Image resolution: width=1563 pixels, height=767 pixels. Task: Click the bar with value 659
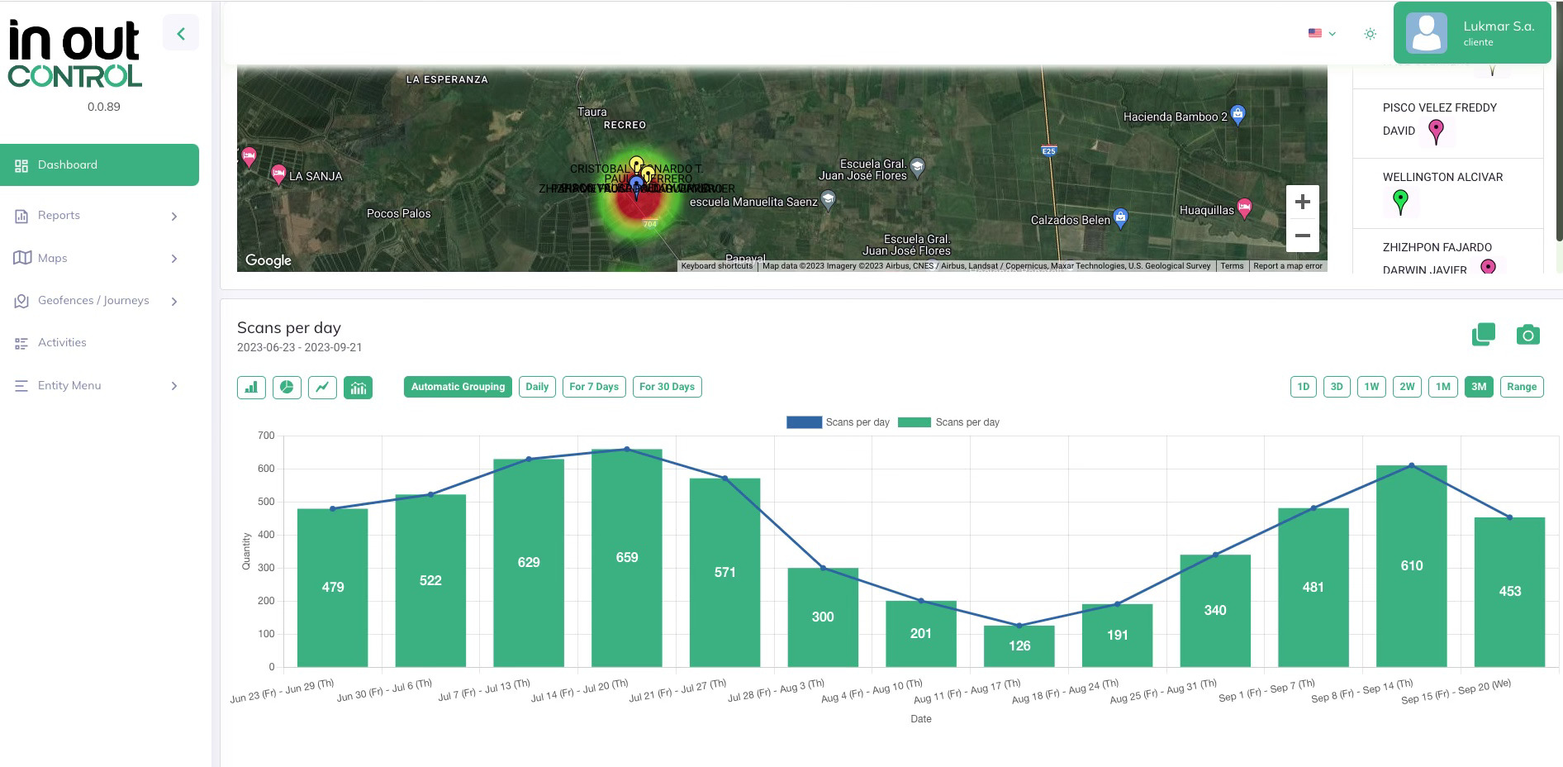(626, 558)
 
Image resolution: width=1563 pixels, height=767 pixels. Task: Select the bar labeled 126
(1019, 646)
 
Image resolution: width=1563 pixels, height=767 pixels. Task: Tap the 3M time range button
(1478, 387)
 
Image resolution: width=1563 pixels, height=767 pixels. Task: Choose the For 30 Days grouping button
(667, 387)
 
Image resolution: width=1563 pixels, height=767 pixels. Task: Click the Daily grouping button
(537, 387)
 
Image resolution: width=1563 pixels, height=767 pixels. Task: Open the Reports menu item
(59, 216)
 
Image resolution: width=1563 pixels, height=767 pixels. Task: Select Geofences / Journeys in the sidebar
(93, 301)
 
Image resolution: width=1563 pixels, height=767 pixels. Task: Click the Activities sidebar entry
(62, 343)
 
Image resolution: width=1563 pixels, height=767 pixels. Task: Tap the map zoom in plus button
(1302, 202)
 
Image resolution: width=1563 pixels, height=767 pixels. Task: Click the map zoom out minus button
(1302, 236)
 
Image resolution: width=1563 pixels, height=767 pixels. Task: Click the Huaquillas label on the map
(1206, 211)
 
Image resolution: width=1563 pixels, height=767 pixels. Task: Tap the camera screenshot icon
(1527, 335)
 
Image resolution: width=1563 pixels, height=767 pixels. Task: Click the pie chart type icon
(287, 387)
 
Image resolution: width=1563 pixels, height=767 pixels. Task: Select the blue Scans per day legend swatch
(803, 422)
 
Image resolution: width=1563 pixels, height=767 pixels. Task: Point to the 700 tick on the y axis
(265, 436)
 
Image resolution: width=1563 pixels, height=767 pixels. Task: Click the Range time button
(1521, 387)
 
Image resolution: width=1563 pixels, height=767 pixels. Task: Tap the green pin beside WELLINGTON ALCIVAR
(1400, 201)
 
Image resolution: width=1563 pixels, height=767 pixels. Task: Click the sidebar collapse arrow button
(181, 34)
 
